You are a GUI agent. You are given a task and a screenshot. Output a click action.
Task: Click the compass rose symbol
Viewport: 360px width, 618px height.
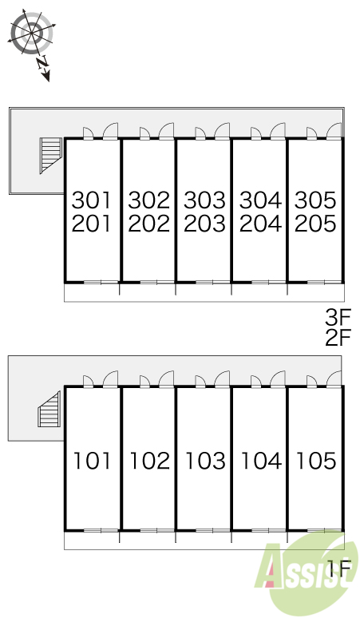point(31,33)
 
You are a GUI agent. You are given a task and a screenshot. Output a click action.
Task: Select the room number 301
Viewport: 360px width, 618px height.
point(91,200)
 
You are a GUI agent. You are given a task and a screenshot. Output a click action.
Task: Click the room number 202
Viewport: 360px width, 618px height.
point(149,224)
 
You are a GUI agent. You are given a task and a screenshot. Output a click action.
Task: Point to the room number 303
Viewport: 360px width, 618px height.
point(205,200)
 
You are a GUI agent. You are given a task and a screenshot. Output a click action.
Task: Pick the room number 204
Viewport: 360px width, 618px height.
point(261,224)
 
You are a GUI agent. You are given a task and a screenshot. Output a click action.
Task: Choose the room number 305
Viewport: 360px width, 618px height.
point(315,200)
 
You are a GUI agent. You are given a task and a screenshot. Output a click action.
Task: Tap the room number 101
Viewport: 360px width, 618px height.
point(93,461)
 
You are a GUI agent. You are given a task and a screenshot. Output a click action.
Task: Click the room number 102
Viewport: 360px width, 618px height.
point(150,461)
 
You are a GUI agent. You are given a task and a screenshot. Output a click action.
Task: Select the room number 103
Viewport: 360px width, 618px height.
point(206,461)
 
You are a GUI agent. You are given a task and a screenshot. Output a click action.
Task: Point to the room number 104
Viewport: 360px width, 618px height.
point(262,461)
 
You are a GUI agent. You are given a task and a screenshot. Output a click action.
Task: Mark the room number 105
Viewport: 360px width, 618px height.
point(316,461)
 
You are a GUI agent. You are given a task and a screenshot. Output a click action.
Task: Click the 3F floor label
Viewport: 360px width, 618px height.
point(338,318)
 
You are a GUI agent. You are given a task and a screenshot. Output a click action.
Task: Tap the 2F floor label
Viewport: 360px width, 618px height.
point(338,338)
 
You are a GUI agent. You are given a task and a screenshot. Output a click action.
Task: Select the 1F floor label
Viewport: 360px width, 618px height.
point(340,568)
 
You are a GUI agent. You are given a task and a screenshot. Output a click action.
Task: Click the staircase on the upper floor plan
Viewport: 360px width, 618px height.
point(51,155)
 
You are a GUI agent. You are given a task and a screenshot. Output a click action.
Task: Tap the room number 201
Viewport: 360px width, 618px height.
point(91,224)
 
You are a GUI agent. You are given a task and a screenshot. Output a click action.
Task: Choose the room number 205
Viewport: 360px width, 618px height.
point(315,224)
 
